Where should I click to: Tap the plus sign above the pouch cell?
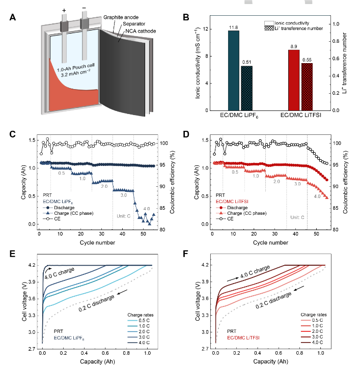(x=64, y=10)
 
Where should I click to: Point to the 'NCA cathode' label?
(x=137, y=31)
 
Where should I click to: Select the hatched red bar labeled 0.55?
(x=307, y=87)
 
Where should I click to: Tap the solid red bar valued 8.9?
(x=294, y=80)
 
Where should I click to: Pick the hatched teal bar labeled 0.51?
(x=246, y=88)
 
